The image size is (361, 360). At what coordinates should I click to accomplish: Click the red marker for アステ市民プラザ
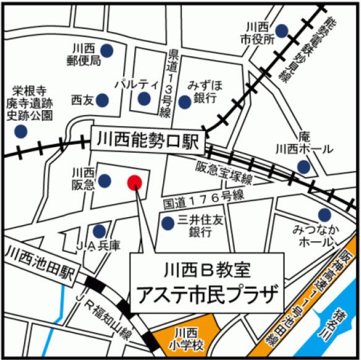pos(135,182)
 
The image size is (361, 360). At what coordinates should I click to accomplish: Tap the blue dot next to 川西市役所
pos(282,30)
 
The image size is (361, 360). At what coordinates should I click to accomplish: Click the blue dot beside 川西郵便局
pos(107,49)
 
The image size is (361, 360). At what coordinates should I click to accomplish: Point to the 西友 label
pos(81,99)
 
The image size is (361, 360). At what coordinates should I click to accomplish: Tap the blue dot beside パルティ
pos(144,99)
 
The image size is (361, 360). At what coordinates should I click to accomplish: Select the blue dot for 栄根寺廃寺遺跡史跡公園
pos(21,131)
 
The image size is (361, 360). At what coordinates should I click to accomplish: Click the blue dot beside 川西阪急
pos(104,180)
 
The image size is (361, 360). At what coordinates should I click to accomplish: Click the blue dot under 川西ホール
pos(303,166)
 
